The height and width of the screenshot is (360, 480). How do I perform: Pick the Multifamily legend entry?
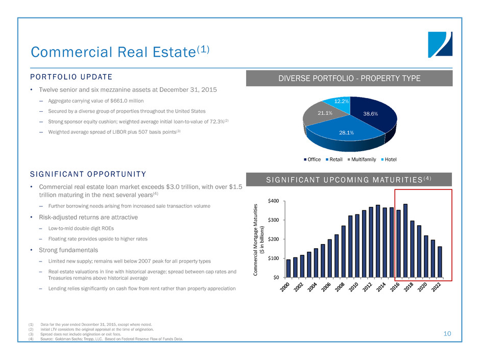coord(365,159)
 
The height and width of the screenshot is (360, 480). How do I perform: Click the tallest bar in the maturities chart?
coord(405,241)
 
